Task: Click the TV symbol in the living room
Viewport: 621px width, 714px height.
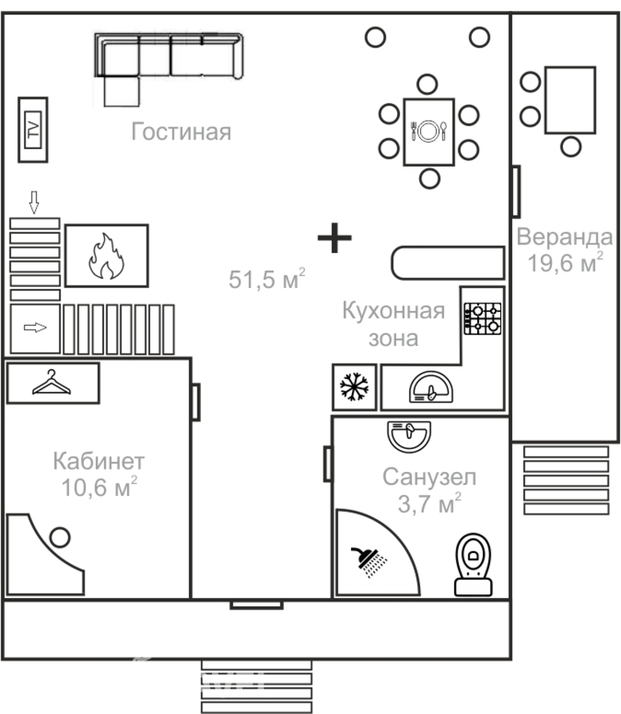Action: pos(33,130)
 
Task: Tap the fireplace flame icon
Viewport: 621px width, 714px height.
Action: pos(106,256)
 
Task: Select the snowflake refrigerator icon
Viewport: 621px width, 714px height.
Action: pos(354,387)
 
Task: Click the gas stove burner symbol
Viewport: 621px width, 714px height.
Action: pos(482,318)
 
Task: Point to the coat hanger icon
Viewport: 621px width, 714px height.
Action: pos(52,382)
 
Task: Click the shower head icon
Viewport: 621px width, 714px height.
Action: pos(368,562)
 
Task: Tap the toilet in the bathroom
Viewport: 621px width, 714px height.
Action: pos(473,565)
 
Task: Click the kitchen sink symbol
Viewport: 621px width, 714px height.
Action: pos(431,387)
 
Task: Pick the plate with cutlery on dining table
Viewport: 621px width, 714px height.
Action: pos(429,131)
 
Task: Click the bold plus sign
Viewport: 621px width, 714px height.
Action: pos(334,238)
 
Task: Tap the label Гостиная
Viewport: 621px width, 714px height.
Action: pos(181,132)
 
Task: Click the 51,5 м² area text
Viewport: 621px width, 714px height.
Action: pos(267,278)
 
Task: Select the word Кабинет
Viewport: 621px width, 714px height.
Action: pos(99,461)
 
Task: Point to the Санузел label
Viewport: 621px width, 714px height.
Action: pos(430,478)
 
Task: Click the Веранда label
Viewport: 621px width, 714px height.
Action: pos(565,236)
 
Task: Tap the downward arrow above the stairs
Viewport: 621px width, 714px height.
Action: pos(33,202)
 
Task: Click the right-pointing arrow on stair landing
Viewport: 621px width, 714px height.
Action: pos(35,328)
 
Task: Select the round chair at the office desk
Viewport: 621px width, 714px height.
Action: pos(60,537)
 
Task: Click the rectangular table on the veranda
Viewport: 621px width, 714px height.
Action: pos(570,100)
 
